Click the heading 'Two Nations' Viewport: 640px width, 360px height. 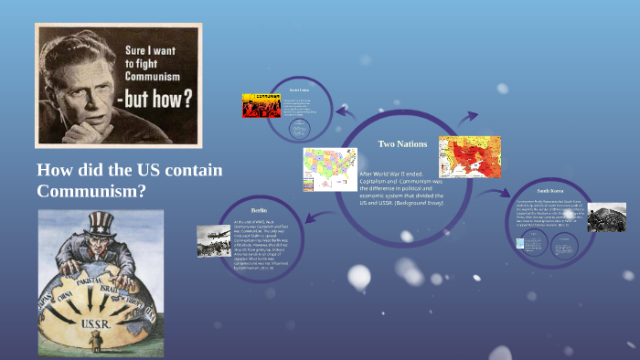403,143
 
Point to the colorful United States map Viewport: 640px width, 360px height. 330,168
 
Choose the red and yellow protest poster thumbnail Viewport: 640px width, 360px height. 261,105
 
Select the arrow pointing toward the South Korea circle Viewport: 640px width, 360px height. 501,194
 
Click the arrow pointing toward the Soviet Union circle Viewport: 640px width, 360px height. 344,111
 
